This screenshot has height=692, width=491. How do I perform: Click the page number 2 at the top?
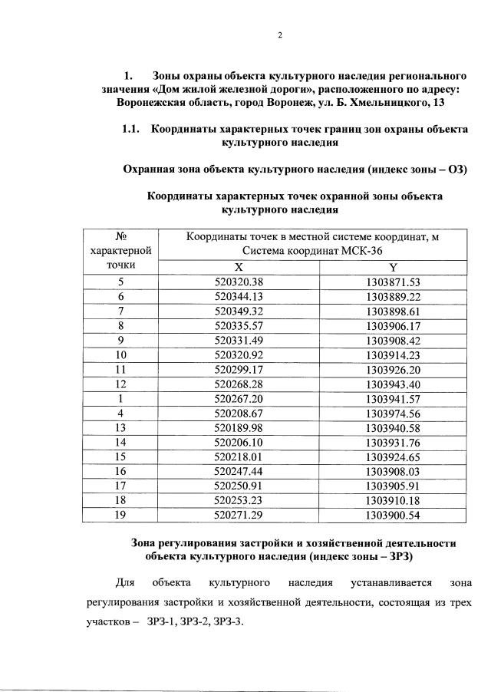279,35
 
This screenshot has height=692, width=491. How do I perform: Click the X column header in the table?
239,268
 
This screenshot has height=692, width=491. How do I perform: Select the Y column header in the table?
393,268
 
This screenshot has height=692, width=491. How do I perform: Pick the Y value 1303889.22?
392,296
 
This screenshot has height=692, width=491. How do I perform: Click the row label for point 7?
120,311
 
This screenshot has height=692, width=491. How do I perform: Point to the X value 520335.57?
239,325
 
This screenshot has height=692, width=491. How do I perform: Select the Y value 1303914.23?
392,354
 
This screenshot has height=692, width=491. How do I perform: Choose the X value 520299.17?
239,369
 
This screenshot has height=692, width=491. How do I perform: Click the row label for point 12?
120,384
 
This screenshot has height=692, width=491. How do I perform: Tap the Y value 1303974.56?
392,413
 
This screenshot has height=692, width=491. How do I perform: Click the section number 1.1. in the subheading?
133,130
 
